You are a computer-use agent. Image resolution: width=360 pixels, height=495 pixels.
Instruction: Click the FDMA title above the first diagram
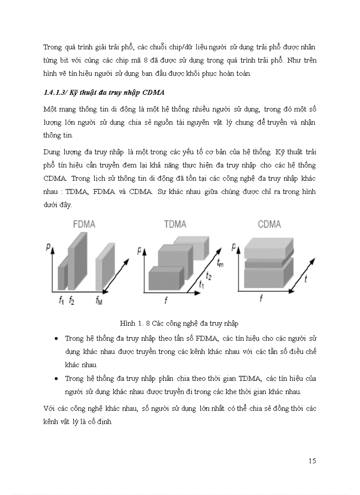(x=84, y=224)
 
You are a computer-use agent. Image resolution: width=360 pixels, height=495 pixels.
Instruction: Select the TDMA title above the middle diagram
(x=175, y=224)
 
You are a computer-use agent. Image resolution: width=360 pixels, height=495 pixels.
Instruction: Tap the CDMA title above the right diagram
(x=269, y=224)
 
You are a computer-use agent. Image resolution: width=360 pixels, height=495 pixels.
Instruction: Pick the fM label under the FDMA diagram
(x=100, y=301)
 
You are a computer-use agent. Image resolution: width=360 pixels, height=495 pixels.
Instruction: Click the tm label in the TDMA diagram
(x=221, y=262)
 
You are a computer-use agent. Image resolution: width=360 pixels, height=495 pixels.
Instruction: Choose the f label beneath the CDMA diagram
(x=261, y=299)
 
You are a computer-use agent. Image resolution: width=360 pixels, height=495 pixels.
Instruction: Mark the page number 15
(x=312, y=461)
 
